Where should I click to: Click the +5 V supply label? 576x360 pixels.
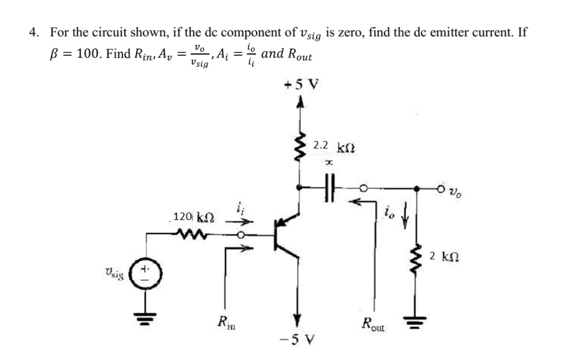click(x=301, y=85)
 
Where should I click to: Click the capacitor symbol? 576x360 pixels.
click(x=329, y=188)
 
